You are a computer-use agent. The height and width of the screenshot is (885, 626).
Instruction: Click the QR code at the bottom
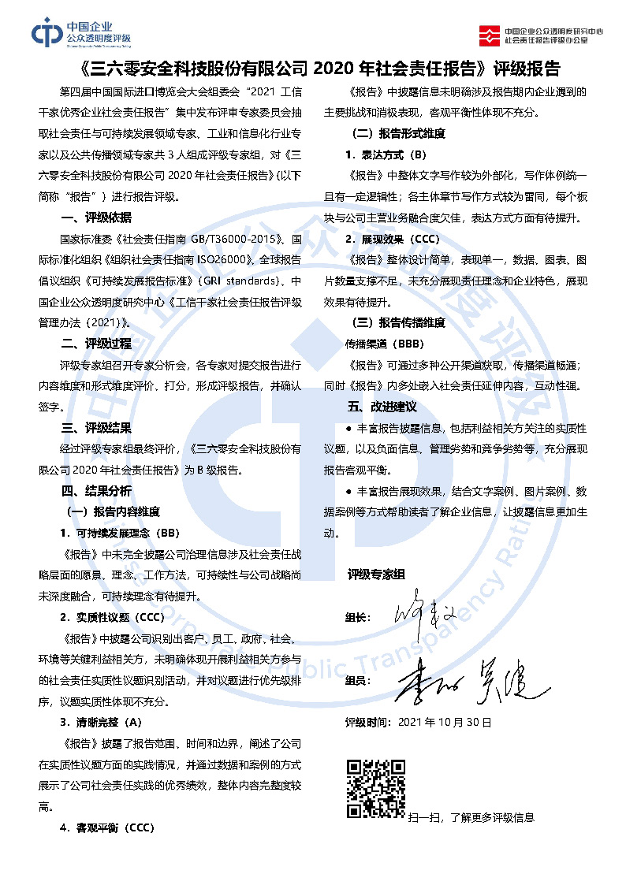376,788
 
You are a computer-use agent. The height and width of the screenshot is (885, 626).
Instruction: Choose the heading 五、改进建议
382,407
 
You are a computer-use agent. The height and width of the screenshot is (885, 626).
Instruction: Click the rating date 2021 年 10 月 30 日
418,721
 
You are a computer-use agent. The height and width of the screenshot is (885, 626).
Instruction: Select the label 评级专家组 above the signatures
376,575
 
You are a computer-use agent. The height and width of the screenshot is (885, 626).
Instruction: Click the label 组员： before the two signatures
359,679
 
